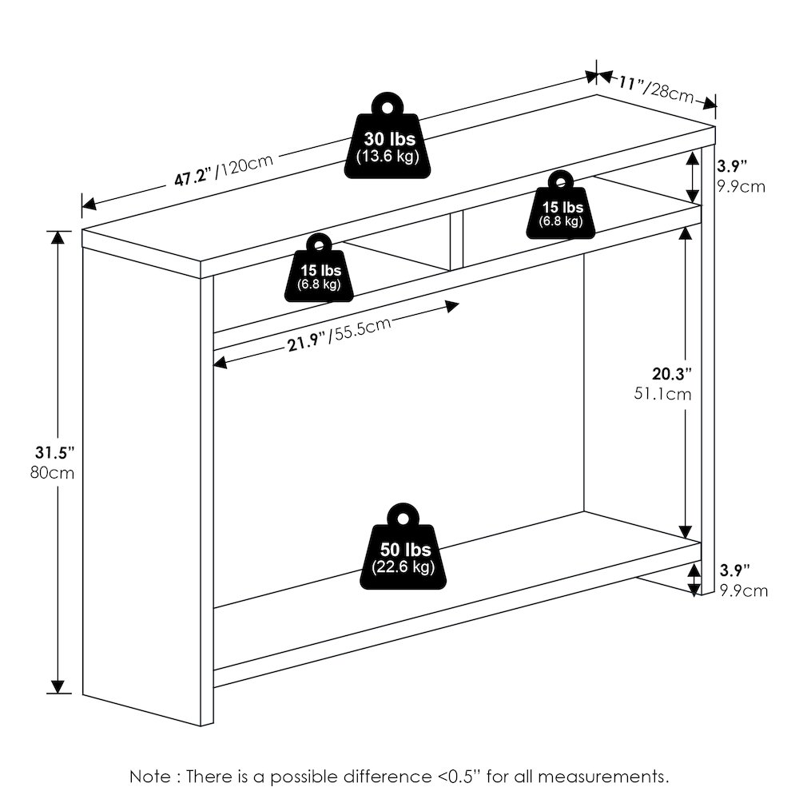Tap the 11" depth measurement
(x=630, y=83)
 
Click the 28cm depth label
(x=669, y=93)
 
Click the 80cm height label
(x=52, y=473)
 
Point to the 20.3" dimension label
(x=672, y=373)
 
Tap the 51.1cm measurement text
(x=662, y=394)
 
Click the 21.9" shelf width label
(x=306, y=343)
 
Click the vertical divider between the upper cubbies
(x=456, y=240)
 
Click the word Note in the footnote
(x=150, y=777)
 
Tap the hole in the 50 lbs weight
(x=403, y=519)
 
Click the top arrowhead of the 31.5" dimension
(x=58, y=238)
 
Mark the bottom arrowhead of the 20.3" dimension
(x=686, y=531)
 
